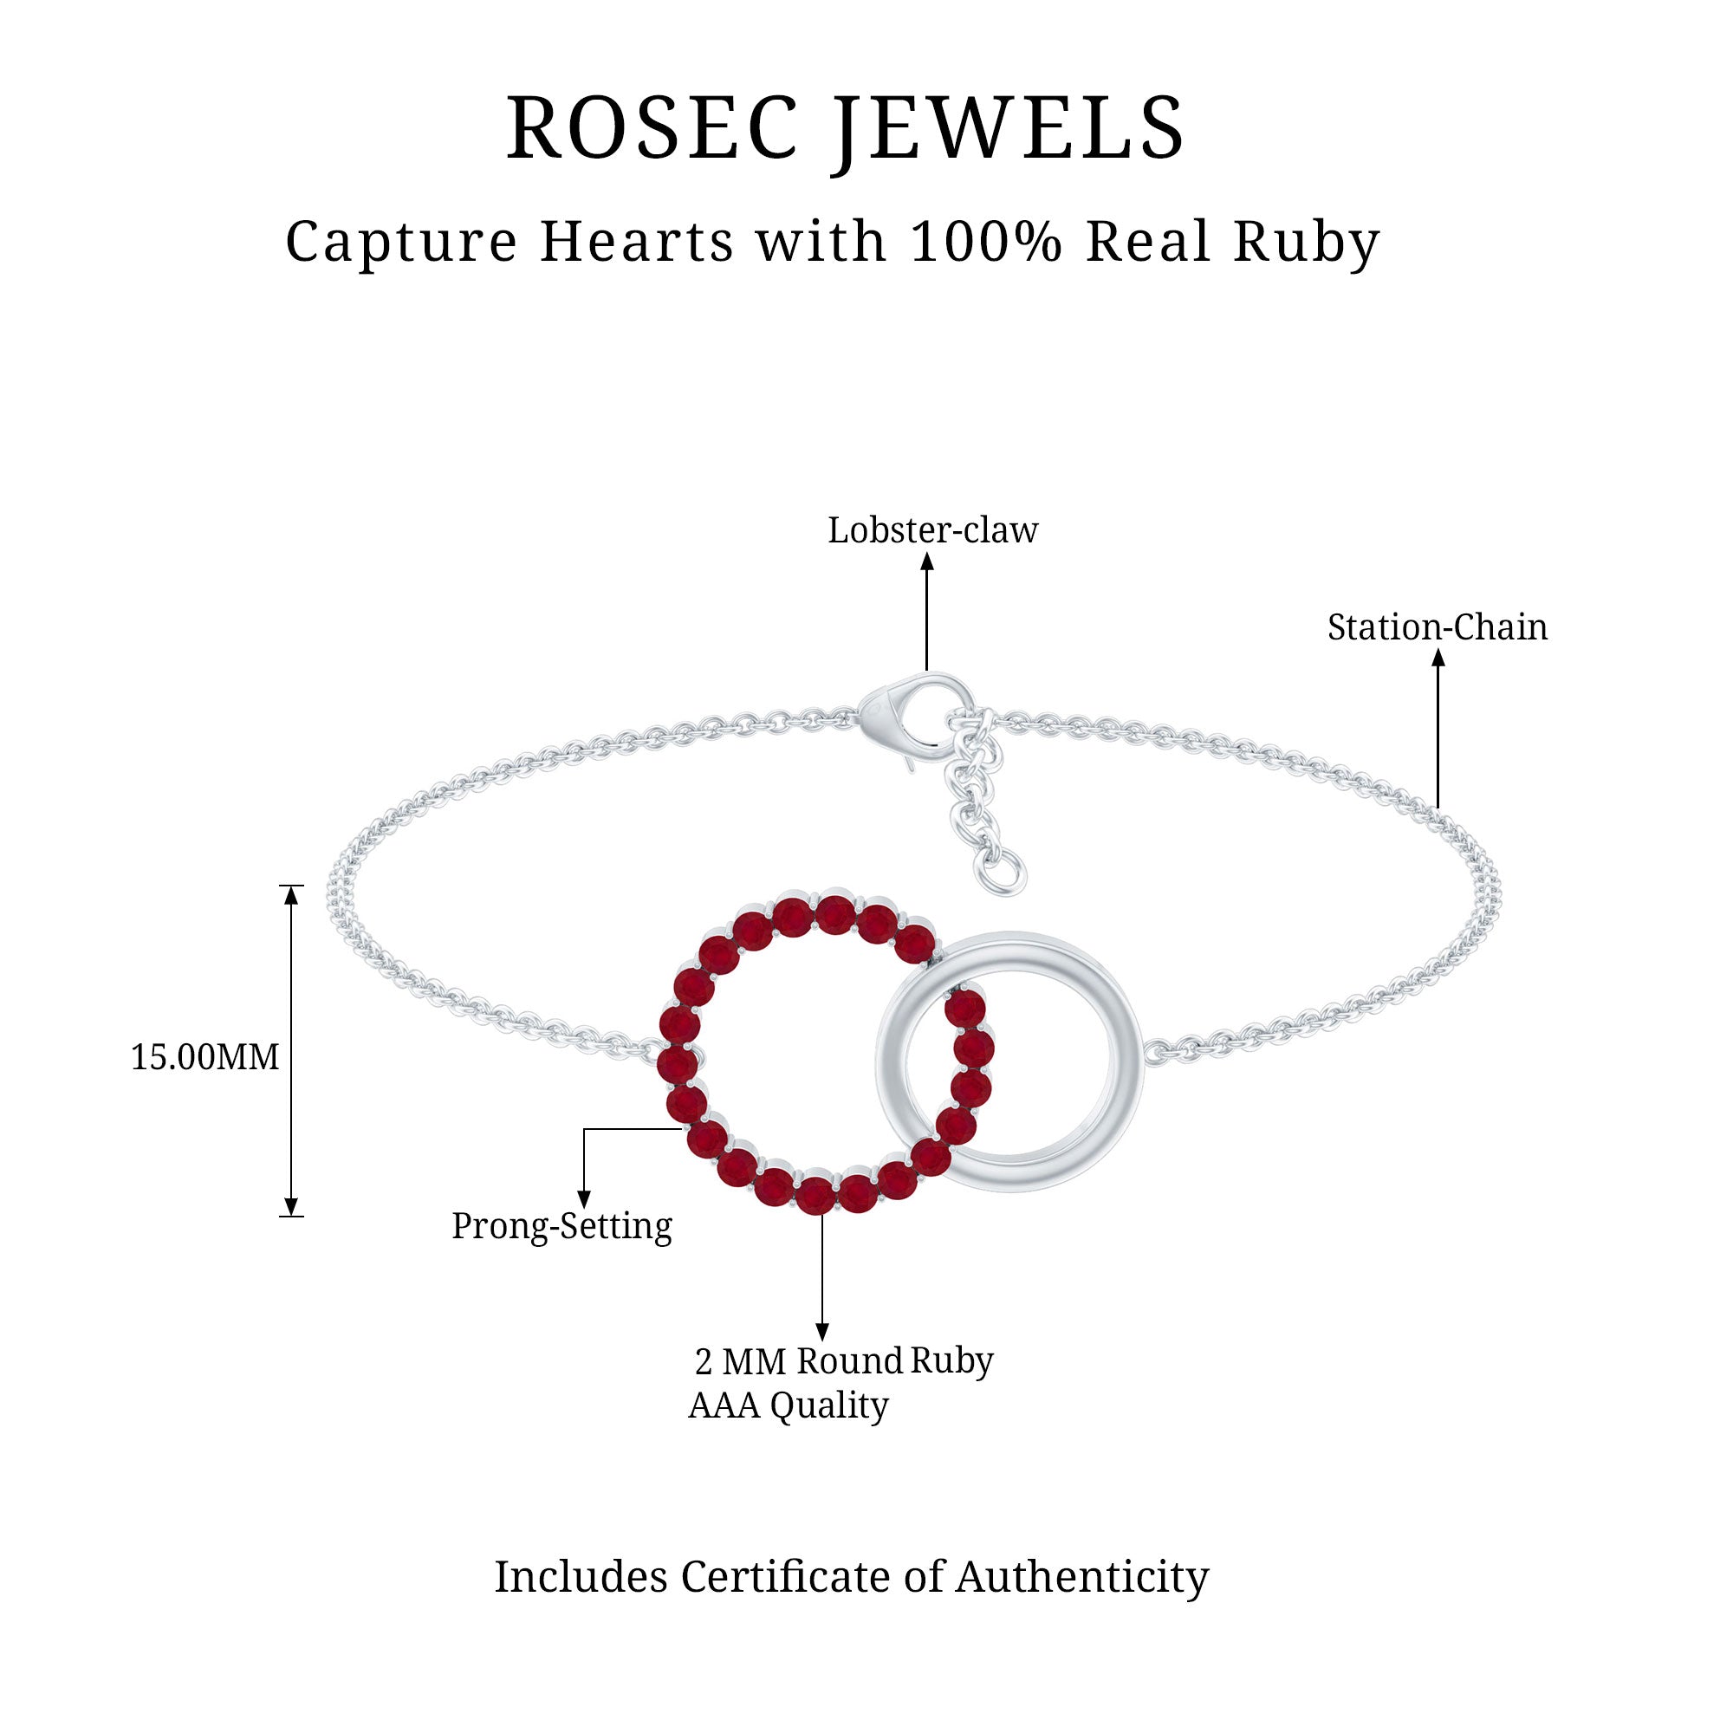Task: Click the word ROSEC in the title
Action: click(652, 128)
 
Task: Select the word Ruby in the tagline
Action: click(1306, 243)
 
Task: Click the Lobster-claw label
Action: click(932, 531)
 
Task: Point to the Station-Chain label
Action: click(1437, 628)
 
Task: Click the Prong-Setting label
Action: click(561, 1226)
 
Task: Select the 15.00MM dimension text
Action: click(204, 1057)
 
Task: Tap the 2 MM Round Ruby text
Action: click(843, 1360)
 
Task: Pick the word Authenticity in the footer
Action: click(1081, 1577)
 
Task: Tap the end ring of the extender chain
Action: click(1009, 873)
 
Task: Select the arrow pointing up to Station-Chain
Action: click(1438, 727)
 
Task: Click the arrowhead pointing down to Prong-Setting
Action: click(584, 1199)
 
